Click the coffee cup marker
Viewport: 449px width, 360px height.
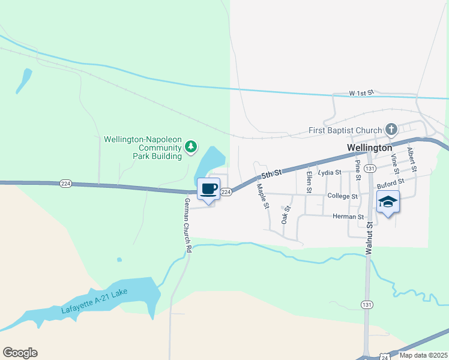pos(208,189)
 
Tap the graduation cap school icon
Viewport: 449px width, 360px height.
pos(388,202)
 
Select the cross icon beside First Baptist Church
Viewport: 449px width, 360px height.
pos(391,130)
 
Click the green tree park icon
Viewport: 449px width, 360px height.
pos(191,146)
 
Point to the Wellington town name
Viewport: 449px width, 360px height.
pos(369,148)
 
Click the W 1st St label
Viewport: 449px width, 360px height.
pos(361,94)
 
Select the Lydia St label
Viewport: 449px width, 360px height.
pos(330,172)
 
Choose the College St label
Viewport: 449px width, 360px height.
pos(343,196)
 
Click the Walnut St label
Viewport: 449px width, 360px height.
pos(370,238)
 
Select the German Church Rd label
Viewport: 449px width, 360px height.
pos(188,225)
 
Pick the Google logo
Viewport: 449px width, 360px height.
pos(20,353)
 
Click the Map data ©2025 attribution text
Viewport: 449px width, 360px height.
pos(423,355)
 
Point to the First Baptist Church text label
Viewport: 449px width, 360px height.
pos(345,130)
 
